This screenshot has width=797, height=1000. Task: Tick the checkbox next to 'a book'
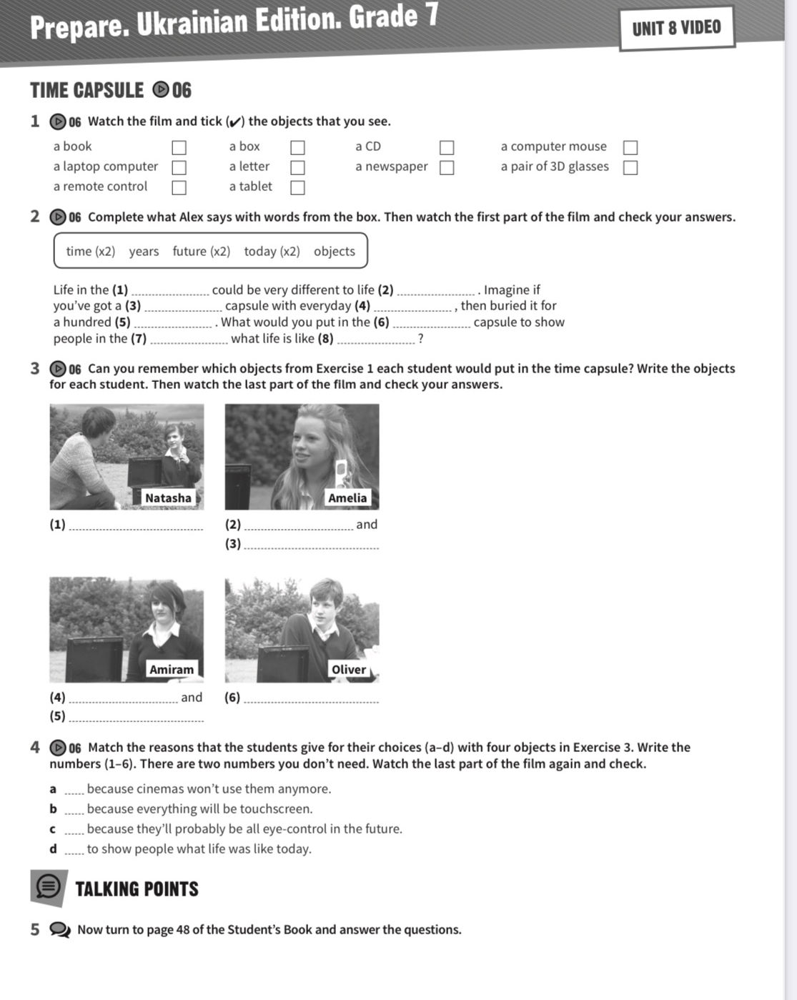[x=179, y=147]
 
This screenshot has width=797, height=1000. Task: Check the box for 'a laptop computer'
[x=179, y=167]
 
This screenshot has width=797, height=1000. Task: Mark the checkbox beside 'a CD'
[x=447, y=147]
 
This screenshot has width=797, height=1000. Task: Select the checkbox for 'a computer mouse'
[x=630, y=147]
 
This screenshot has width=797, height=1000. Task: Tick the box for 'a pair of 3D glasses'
[x=630, y=167]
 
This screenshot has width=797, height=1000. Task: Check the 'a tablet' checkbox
[x=297, y=187]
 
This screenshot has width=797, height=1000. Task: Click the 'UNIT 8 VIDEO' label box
[x=676, y=28]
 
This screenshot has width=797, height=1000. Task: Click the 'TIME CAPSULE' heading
[x=87, y=90]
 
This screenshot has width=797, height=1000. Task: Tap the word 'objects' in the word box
[x=334, y=251]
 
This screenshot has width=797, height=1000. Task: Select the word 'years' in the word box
[x=144, y=251]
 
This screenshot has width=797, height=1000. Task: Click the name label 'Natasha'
[x=168, y=497]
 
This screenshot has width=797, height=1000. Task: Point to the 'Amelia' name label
[x=347, y=497]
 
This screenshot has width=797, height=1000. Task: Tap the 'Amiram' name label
[x=171, y=669]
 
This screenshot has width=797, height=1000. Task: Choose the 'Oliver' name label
[x=348, y=669]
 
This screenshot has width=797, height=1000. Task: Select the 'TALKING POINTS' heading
[x=137, y=888]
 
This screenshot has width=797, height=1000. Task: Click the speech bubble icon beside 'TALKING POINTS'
[x=49, y=887]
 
